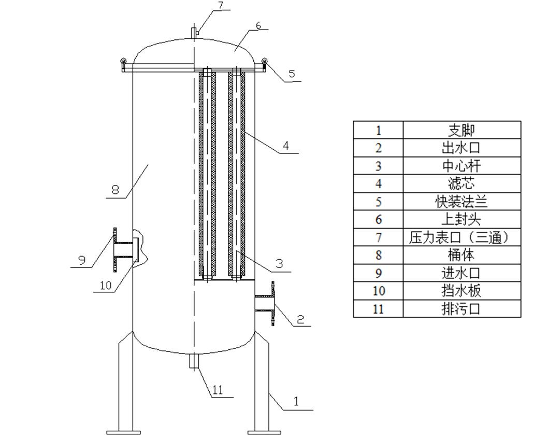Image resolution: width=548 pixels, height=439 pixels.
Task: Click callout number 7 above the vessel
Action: (x=220, y=6)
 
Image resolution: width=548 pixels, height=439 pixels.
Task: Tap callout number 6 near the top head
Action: (x=258, y=25)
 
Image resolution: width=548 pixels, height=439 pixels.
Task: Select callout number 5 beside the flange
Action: (x=292, y=74)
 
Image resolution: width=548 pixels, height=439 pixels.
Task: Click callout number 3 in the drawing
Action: (x=279, y=264)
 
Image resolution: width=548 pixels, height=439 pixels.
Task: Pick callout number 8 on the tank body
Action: (x=115, y=190)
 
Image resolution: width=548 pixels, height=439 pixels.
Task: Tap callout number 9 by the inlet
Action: (x=82, y=260)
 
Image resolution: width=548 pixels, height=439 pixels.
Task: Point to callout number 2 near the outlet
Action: (x=300, y=319)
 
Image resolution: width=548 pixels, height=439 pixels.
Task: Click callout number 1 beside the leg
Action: (x=296, y=401)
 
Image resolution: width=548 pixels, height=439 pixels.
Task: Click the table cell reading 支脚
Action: (x=461, y=130)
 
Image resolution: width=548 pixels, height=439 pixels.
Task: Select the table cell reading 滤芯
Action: (x=461, y=183)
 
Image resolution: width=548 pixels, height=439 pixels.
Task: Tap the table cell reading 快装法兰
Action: (x=461, y=202)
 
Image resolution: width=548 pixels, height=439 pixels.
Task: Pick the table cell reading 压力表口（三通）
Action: (x=461, y=237)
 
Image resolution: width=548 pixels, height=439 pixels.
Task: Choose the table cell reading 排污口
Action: (x=461, y=309)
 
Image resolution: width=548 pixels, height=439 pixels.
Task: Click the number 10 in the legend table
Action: (x=379, y=291)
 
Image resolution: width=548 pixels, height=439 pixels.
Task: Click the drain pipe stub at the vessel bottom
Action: (x=194, y=361)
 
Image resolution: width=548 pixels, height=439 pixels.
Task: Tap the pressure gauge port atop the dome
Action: (x=194, y=32)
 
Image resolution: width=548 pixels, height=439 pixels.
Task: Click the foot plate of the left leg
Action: (x=123, y=432)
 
